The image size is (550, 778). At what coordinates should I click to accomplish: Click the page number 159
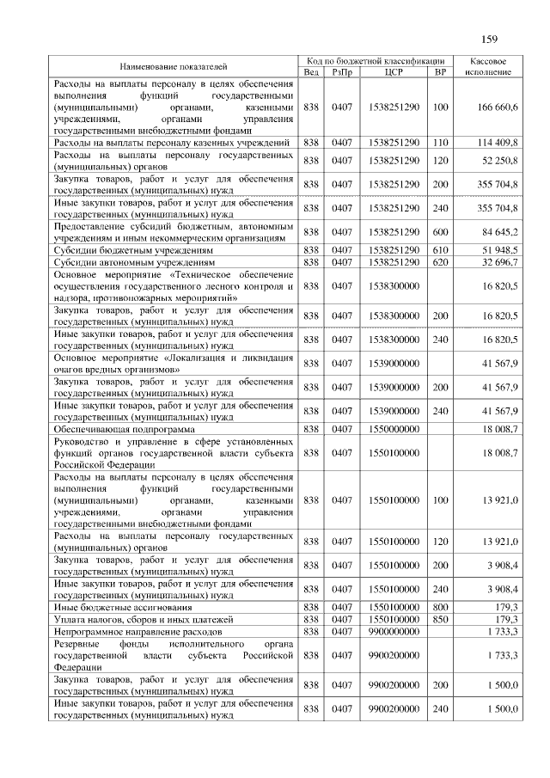coord(490,40)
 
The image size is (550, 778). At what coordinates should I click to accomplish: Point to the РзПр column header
coord(342,72)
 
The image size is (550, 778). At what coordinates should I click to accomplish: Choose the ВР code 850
coord(441,619)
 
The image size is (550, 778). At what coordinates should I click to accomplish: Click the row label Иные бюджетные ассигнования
coord(118,607)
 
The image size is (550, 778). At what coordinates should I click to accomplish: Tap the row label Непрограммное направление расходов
coord(137,631)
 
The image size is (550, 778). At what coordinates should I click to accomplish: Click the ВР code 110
coord(441,142)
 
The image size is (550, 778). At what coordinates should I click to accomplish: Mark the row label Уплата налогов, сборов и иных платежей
coord(144,619)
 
